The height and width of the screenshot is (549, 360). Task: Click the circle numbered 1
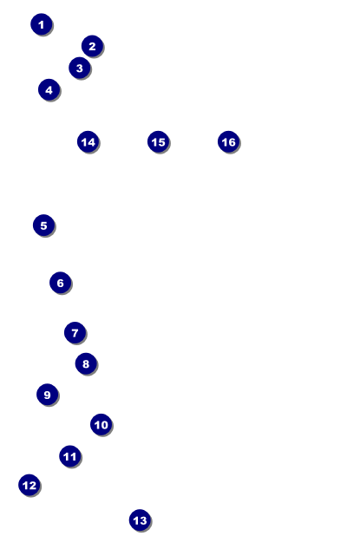point(42,24)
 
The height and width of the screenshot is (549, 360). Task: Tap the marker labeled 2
point(92,46)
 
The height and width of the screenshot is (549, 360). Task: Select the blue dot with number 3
point(80,68)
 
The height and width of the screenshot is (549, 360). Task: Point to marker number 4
point(49,90)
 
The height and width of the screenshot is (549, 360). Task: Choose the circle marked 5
point(43,225)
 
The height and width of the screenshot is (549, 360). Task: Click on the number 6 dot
point(60,283)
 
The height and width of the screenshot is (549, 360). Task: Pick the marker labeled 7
point(75,333)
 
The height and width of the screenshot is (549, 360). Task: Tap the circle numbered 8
point(86,363)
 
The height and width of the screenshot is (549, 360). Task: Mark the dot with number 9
point(47,395)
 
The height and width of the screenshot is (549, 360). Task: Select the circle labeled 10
point(101,425)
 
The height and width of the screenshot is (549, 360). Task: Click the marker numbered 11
point(70,456)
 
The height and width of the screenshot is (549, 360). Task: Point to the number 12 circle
point(29,486)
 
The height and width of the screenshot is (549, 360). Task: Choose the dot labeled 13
point(140,520)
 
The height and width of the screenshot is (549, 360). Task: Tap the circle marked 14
point(88,141)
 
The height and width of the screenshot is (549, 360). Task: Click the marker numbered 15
point(158,141)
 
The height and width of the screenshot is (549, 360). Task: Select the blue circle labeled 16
point(229,141)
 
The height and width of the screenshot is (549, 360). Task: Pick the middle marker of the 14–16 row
point(158,141)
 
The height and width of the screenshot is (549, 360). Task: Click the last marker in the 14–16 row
point(229,141)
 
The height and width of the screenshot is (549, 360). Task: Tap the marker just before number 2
point(42,24)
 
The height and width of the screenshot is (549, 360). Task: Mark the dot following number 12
point(140,520)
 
